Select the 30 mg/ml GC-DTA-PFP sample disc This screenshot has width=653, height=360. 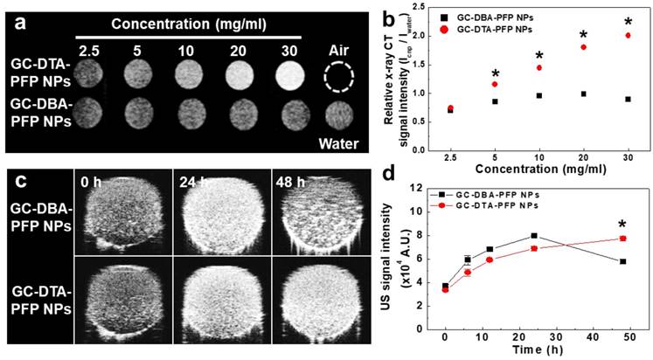[286, 77]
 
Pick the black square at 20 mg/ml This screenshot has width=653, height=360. [583, 93]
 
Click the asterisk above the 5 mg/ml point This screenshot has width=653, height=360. [494, 73]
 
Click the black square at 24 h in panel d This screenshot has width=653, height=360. [533, 236]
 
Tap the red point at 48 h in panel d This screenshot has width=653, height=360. [622, 239]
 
